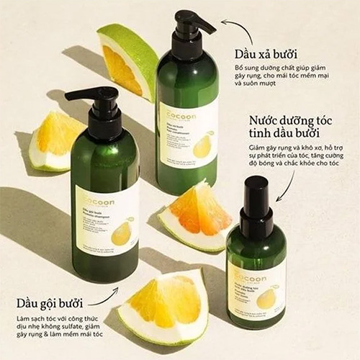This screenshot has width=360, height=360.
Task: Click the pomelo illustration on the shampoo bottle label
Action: [x=121, y=232]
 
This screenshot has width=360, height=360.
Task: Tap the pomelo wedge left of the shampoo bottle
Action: [x=55, y=139]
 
